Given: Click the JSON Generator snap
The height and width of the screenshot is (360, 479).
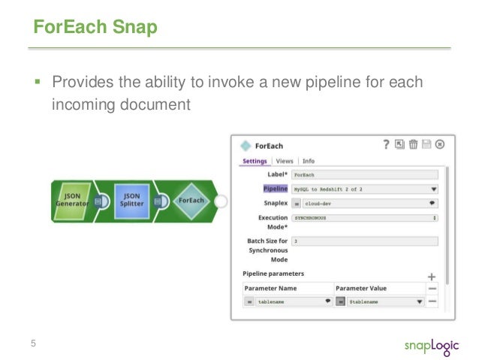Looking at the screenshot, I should [x=74, y=201].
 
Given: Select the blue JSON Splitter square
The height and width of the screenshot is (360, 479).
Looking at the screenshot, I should [x=131, y=201].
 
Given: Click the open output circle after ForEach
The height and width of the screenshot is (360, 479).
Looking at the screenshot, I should [x=221, y=201].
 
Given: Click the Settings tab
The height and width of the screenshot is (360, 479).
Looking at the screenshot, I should [x=255, y=161].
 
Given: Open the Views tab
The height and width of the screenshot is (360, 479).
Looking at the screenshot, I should [x=285, y=161].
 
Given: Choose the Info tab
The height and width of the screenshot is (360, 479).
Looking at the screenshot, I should [x=309, y=161].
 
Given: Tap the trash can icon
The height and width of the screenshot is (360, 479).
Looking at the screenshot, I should [x=413, y=145].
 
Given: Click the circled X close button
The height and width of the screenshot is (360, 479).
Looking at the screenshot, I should [x=440, y=145].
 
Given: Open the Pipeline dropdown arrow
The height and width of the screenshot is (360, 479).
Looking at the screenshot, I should [x=433, y=189].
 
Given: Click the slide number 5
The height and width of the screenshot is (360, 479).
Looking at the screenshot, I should [x=33, y=343].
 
